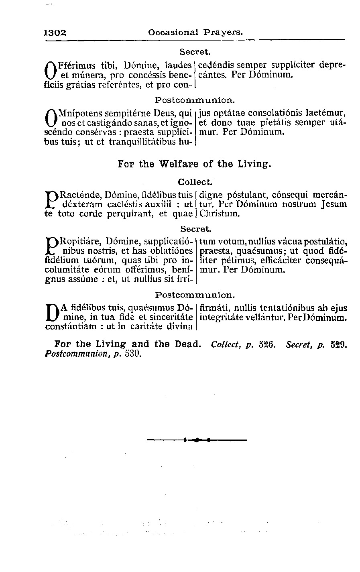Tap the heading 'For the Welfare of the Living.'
(195, 164)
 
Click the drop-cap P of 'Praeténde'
(51, 200)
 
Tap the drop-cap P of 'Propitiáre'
(51, 247)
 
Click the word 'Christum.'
(220, 214)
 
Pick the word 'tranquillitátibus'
(141, 142)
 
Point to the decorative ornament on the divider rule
(197, 440)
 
